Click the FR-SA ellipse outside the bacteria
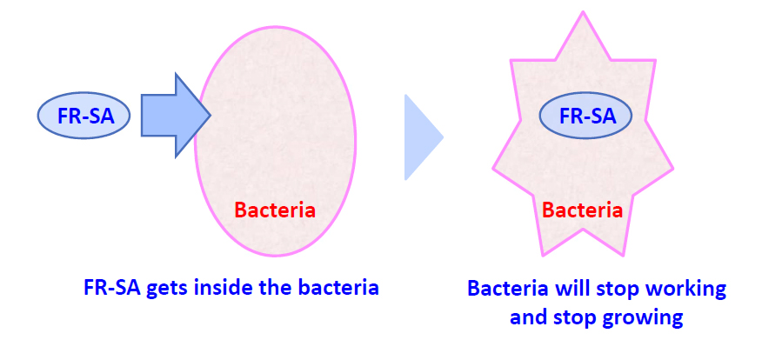[84, 116]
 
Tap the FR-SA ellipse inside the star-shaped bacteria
[585, 115]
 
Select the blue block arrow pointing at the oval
[176, 116]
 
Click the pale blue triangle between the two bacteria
[424, 137]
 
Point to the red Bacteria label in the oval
[275, 210]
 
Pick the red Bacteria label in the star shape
[582, 210]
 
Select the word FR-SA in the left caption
[111, 288]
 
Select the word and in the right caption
[528, 317]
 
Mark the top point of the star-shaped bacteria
[583, 11]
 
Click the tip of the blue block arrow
[211, 116]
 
